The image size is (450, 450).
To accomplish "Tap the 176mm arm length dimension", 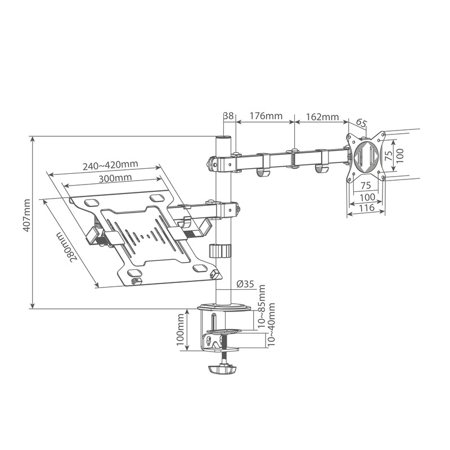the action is (x=266, y=116).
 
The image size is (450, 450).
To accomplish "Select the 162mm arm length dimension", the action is (x=322, y=117).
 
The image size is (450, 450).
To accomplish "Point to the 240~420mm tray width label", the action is (x=110, y=165).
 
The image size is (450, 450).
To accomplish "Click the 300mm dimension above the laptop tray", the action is (x=115, y=178).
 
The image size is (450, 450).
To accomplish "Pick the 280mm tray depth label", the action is (x=67, y=246).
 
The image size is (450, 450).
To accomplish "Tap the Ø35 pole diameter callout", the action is (x=245, y=284).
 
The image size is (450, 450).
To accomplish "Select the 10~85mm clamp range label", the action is (x=262, y=307).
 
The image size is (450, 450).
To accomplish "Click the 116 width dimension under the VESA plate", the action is (x=367, y=207).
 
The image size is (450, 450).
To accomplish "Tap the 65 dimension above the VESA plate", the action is (x=362, y=123).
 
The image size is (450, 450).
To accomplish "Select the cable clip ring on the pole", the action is (x=219, y=250).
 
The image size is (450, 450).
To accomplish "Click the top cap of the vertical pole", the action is (x=223, y=137).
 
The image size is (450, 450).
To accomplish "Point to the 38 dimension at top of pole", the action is (x=228, y=116).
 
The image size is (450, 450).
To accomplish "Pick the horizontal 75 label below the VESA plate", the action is (x=366, y=186).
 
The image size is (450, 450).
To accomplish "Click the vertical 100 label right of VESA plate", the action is (x=399, y=156).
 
